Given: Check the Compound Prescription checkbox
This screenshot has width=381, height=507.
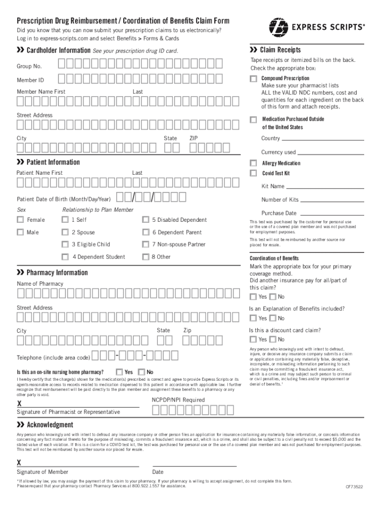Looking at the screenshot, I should click(253, 79).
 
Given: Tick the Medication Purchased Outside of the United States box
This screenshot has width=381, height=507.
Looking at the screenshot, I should click(253, 119).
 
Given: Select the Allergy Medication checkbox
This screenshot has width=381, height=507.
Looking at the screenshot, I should click(253, 163).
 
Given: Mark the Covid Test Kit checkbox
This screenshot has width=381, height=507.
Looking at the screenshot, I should click(253, 173).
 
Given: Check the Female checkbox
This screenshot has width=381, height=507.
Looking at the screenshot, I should click(20, 220).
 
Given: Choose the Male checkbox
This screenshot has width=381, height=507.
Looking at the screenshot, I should click(20, 232).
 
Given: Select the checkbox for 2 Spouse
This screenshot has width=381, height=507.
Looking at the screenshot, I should click(65, 232).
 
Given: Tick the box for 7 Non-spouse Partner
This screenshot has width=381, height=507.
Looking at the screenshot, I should click(145, 244).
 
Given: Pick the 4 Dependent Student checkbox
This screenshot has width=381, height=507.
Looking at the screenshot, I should click(65, 256).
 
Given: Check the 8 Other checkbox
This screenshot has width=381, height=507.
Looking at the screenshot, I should click(145, 256).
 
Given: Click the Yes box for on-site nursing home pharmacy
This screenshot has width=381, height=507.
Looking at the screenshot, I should click(119, 372).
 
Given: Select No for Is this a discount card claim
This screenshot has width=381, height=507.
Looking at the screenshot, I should click(272, 339).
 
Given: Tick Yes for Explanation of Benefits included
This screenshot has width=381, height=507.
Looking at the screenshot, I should click(253, 318).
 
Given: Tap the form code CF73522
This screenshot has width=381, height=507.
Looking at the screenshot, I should click(354, 487).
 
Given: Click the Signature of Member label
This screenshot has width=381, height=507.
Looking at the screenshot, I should click(43, 472).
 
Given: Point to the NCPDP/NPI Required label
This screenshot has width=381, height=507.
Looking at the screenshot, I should click(178, 400).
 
